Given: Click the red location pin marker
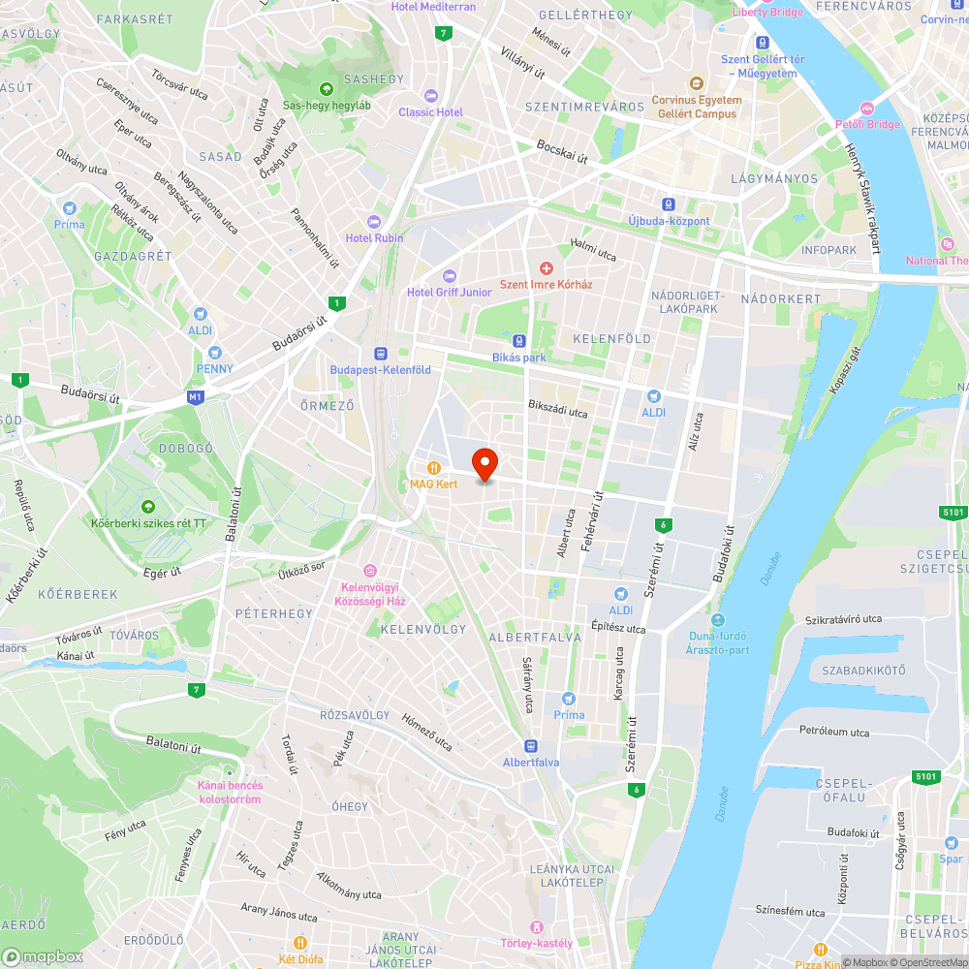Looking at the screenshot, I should point(484,464).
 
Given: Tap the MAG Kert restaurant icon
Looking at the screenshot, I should point(434,467).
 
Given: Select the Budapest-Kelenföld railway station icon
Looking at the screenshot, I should point(380,354).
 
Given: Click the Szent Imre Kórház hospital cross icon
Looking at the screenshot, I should point(546,267).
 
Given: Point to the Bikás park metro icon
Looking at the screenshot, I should point(519,341).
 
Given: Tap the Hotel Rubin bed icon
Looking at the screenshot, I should point(374,222).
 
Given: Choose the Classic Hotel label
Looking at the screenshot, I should point(431,111).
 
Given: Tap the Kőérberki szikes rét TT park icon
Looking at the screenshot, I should point(147,507).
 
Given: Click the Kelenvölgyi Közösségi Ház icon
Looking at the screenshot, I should point(368,570).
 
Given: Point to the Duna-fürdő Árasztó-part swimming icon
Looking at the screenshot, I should point(717,620).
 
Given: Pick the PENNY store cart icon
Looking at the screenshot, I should point(214,353).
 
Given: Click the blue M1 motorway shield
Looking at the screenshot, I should point(197,397).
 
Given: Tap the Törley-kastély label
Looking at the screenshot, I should point(536,943).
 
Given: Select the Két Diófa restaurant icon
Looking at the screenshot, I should point(300,942).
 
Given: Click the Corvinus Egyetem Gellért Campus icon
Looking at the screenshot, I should point(695,83).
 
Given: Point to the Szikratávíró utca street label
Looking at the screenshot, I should point(843,619).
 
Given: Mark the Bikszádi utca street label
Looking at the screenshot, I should point(557,411).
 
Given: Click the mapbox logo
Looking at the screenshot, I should point(43,956).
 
